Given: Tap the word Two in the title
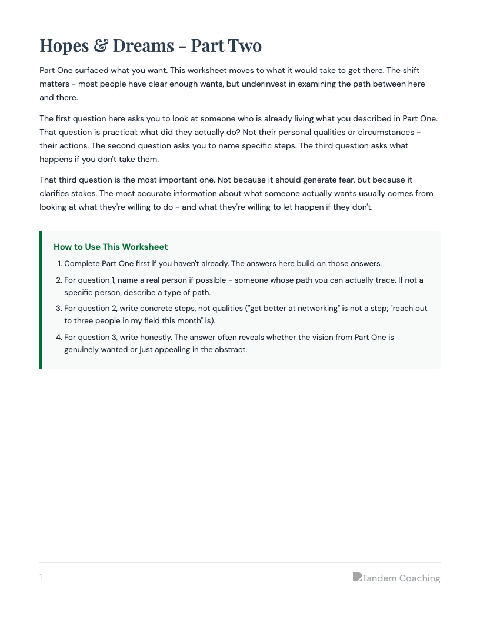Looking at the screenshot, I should [x=243, y=46].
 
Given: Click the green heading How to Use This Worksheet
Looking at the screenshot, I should [x=111, y=247].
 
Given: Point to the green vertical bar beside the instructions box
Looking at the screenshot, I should [x=41, y=300].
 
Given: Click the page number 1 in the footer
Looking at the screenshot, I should [x=41, y=577].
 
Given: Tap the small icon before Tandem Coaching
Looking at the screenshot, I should [x=357, y=577].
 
